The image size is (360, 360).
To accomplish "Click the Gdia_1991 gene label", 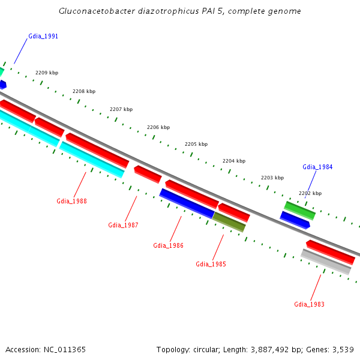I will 43,37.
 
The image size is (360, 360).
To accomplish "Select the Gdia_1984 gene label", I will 317,167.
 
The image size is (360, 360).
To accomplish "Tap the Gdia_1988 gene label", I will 71,202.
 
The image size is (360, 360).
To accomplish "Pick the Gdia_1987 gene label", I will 123,226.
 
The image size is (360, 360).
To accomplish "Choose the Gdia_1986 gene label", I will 168,245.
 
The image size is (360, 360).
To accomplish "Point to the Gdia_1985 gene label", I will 211,264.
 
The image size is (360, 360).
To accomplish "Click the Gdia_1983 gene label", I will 309,305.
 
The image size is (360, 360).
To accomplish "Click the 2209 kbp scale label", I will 47,73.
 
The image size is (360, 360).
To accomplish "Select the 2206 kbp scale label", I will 158,127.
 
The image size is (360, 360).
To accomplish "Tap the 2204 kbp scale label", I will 234,161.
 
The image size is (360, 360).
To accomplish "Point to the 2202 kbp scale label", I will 310,193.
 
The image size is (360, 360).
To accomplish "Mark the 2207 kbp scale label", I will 121,109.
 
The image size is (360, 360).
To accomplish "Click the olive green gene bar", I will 229,222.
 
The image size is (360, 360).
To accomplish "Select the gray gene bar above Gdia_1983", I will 326,262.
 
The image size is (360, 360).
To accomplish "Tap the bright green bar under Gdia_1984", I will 299,210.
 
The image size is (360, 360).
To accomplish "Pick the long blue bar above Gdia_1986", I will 187,203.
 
